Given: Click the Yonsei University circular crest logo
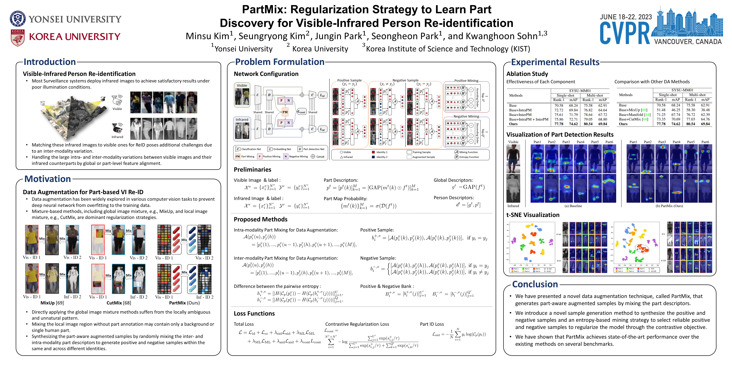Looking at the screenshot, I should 18,19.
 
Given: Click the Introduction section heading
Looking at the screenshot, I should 50,62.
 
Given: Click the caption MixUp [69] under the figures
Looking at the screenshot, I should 52,303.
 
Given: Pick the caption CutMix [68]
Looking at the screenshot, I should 119,303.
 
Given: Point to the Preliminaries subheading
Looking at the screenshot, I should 252,170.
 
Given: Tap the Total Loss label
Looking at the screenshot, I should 244,324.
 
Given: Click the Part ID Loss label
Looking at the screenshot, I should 432,324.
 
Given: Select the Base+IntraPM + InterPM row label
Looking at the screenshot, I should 529,119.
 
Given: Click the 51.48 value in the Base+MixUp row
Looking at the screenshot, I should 661,110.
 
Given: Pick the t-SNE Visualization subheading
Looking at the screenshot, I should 533,215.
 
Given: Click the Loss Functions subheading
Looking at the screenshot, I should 254,313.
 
